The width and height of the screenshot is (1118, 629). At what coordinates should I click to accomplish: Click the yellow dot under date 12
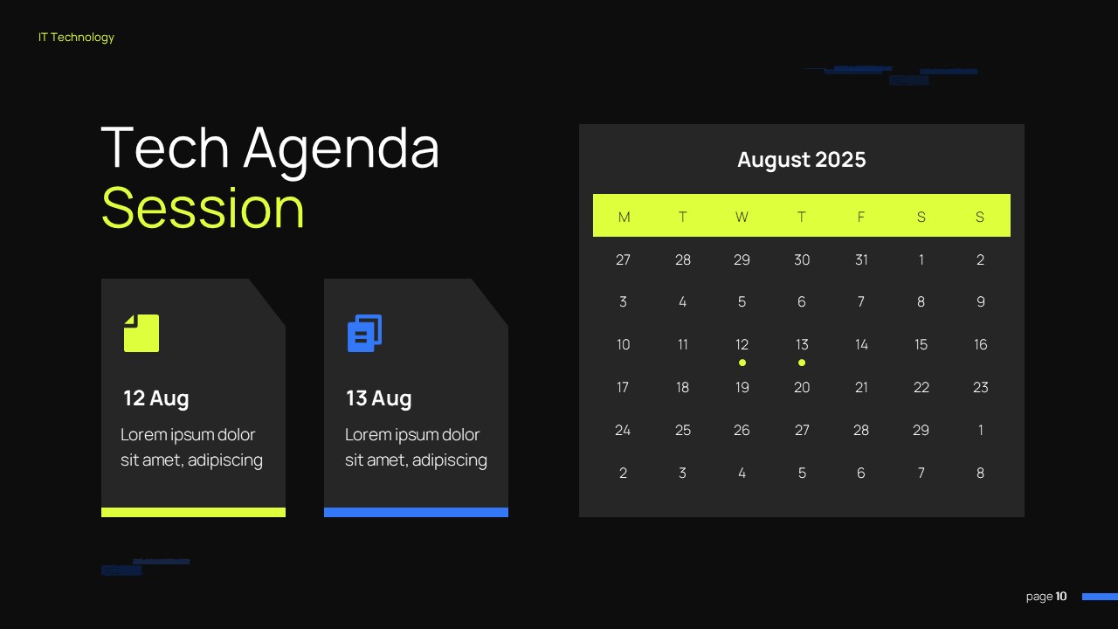(x=742, y=363)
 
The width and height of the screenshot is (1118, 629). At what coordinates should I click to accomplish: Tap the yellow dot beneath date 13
(x=802, y=363)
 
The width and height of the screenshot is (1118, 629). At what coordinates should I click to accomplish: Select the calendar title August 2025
(x=802, y=160)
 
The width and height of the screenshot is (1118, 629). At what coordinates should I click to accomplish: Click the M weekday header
(x=624, y=218)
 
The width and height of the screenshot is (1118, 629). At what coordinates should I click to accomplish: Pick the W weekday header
(x=742, y=218)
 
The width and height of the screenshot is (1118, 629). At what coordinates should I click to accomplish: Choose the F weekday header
(x=861, y=218)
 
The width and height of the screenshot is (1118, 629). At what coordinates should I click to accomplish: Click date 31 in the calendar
(x=861, y=259)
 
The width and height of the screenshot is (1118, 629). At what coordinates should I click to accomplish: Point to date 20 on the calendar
(x=802, y=387)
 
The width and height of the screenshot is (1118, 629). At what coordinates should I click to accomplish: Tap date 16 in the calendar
(x=980, y=344)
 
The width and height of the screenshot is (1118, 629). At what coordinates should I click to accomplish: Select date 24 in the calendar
(x=623, y=431)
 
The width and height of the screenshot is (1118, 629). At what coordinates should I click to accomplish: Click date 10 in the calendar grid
(x=623, y=344)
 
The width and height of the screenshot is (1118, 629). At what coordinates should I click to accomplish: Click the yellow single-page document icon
(x=141, y=333)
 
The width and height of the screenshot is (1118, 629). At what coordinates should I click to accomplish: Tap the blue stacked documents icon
(x=365, y=333)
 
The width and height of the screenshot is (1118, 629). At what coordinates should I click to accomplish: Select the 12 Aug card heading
(x=156, y=398)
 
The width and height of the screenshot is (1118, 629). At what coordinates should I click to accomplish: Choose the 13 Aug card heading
(x=379, y=398)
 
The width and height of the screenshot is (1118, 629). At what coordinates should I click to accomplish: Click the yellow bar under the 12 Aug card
(x=193, y=512)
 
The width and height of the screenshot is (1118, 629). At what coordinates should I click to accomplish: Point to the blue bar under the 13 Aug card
(x=416, y=512)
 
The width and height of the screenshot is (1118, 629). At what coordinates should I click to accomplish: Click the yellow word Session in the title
(x=203, y=208)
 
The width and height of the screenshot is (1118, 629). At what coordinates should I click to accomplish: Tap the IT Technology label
(x=76, y=38)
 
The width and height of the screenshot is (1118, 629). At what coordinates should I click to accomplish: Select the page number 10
(x=1061, y=597)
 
